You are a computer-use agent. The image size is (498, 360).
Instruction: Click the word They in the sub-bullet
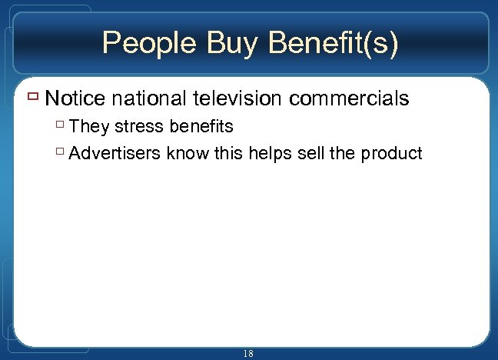coord(89,126)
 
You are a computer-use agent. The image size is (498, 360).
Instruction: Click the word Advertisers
coord(115,153)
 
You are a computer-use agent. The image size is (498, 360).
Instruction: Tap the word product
coord(392,154)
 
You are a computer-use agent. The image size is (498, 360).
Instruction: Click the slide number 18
coord(248,353)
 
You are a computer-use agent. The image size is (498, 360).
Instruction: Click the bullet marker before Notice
coord(34,98)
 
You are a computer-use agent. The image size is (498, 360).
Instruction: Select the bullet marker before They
coord(61,126)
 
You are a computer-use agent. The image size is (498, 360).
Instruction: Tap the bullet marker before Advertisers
coord(61,153)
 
